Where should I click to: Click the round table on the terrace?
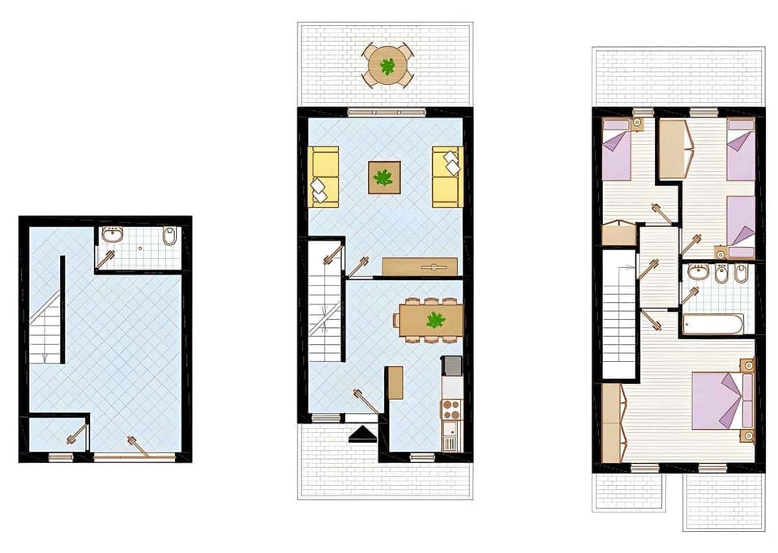pyautogui.click(x=387, y=65)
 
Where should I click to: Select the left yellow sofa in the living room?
pyautogui.click(x=324, y=177)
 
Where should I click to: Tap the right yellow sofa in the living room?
pyautogui.click(x=447, y=177)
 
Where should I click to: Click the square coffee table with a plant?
pyautogui.click(x=384, y=177)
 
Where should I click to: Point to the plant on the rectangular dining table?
pyautogui.click(x=436, y=320)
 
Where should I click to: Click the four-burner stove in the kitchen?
pyautogui.click(x=451, y=408)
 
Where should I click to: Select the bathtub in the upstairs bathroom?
pyautogui.click(x=712, y=325)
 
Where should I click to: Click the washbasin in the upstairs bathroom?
pyautogui.click(x=699, y=273)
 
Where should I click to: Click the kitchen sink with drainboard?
pyautogui.click(x=451, y=438)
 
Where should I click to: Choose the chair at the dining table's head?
pyautogui.click(x=396, y=320)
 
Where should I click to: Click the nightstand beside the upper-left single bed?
pyautogui.click(x=638, y=123)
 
